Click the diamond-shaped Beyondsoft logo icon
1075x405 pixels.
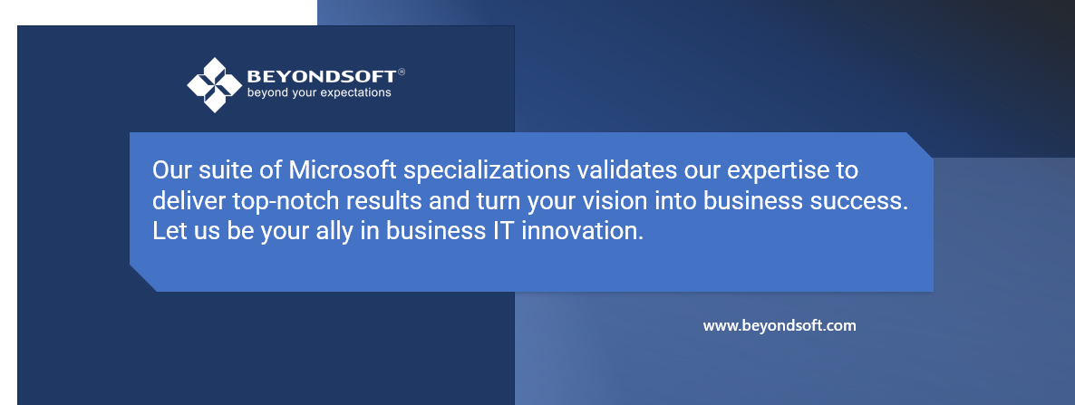tap(214, 85)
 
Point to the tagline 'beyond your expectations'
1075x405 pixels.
tap(319, 92)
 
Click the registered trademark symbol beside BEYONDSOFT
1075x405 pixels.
tap(402, 72)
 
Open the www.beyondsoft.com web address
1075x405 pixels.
tap(780, 325)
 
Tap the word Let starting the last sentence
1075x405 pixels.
tap(169, 231)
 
